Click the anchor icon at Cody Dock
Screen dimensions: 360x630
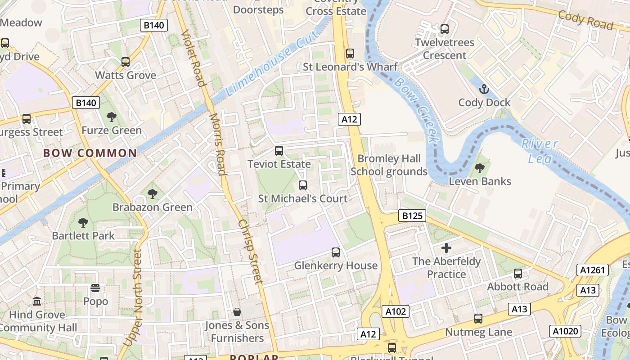pyautogui.click(x=484, y=89)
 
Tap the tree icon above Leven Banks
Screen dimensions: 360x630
pyautogui.click(x=480, y=168)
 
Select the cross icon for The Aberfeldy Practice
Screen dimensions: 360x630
pyautogui.click(x=446, y=248)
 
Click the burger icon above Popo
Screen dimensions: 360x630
pyautogui.click(x=95, y=288)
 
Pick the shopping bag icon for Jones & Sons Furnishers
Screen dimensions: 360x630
pyautogui.click(x=237, y=312)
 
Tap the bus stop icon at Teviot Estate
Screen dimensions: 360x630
pyautogui.click(x=279, y=151)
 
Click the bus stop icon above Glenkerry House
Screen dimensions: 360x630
pyautogui.click(x=335, y=252)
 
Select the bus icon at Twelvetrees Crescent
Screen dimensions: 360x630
pyautogui.click(x=445, y=29)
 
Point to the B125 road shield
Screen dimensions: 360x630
pyautogui.click(x=412, y=216)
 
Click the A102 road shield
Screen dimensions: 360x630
pyautogui.click(x=396, y=311)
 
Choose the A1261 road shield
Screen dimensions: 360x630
pyautogui.click(x=592, y=270)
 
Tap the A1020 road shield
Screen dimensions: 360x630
pyautogui.click(x=565, y=332)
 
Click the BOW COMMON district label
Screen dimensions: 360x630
pyautogui.click(x=90, y=153)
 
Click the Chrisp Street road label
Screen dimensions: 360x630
pyautogui.click(x=249, y=252)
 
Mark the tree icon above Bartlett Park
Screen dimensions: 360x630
pyautogui.click(x=83, y=222)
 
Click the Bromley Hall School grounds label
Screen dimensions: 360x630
pyautogui.click(x=389, y=165)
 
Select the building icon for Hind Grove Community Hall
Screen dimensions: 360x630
pyautogui.click(x=37, y=301)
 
